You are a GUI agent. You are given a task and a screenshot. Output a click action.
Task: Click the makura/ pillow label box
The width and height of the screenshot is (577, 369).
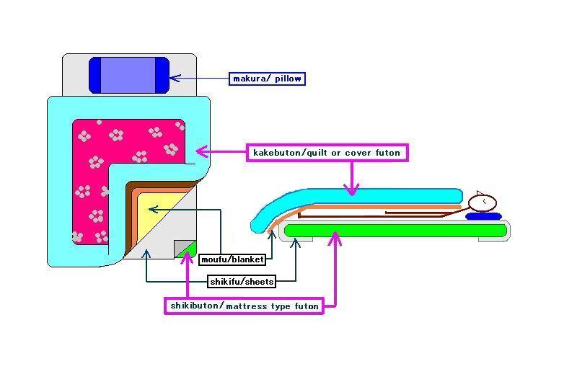tap(268, 78)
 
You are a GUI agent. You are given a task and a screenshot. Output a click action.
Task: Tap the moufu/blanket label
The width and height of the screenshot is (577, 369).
tap(232, 259)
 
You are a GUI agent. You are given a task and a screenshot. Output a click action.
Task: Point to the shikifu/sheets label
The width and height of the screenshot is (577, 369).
tap(241, 281)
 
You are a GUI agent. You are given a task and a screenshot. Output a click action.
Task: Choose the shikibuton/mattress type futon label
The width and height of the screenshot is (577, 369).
tap(243, 306)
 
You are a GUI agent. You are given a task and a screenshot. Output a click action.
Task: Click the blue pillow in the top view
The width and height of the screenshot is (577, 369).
tap(128, 75)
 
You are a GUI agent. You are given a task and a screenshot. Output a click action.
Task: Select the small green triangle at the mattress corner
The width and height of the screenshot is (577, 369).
tap(189, 251)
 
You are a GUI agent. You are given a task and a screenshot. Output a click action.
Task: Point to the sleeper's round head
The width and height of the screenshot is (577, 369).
tap(483, 203)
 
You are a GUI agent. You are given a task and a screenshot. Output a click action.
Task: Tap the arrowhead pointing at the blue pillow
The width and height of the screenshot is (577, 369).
tap(174, 77)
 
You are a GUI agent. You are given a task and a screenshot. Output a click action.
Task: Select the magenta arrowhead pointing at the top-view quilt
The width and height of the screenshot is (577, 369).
tap(201, 151)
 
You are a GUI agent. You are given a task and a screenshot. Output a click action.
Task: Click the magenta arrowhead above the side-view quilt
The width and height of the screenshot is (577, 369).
tap(351, 190)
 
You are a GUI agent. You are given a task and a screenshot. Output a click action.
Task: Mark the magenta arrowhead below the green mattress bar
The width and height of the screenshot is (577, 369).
tap(333, 237)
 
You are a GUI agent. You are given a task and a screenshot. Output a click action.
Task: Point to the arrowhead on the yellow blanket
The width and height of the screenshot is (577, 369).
tap(152, 209)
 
